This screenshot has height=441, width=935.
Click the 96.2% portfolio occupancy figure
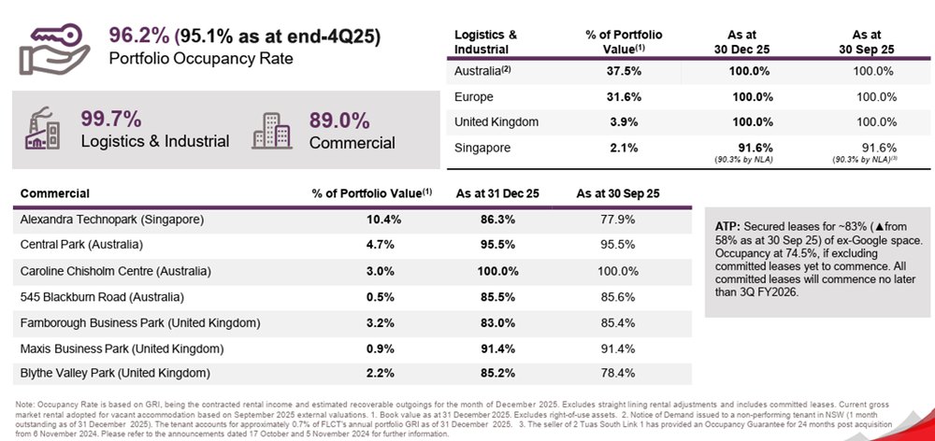click(138, 36)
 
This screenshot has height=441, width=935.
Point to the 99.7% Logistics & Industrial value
click(110, 119)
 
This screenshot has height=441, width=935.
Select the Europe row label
click(474, 96)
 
